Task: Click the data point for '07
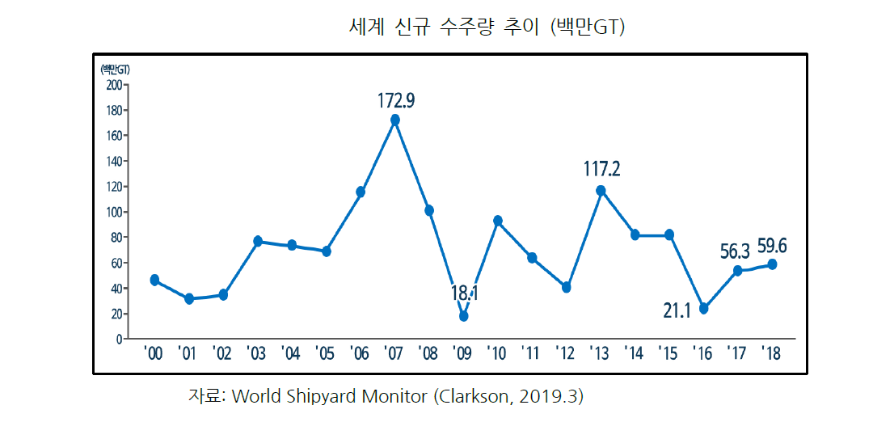pyautogui.click(x=394, y=120)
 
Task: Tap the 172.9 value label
pyautogui.click(x=396, y=101)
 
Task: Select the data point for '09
pyautogui.click(x=463, y=316)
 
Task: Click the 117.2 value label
pyautogui.click(x=602, y=169)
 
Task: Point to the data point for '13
pyautogui.click(x=601, y=191)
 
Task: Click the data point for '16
pyautogui.click(x=703, y=309)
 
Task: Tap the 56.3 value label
pyautogui.click(x=736, y=251)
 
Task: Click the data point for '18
pyautogui.click(x=772, y=264)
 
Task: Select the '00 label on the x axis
pyautogui.click(x=154, y=354)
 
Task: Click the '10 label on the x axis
pyautogui.click(x=497, y=354)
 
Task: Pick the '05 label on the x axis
pyautogui.click(x=326, y=354)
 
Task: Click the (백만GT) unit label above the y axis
pyautogui.click(x=115, y=69)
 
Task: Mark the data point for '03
pyautogui.click(x=258, y=241)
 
